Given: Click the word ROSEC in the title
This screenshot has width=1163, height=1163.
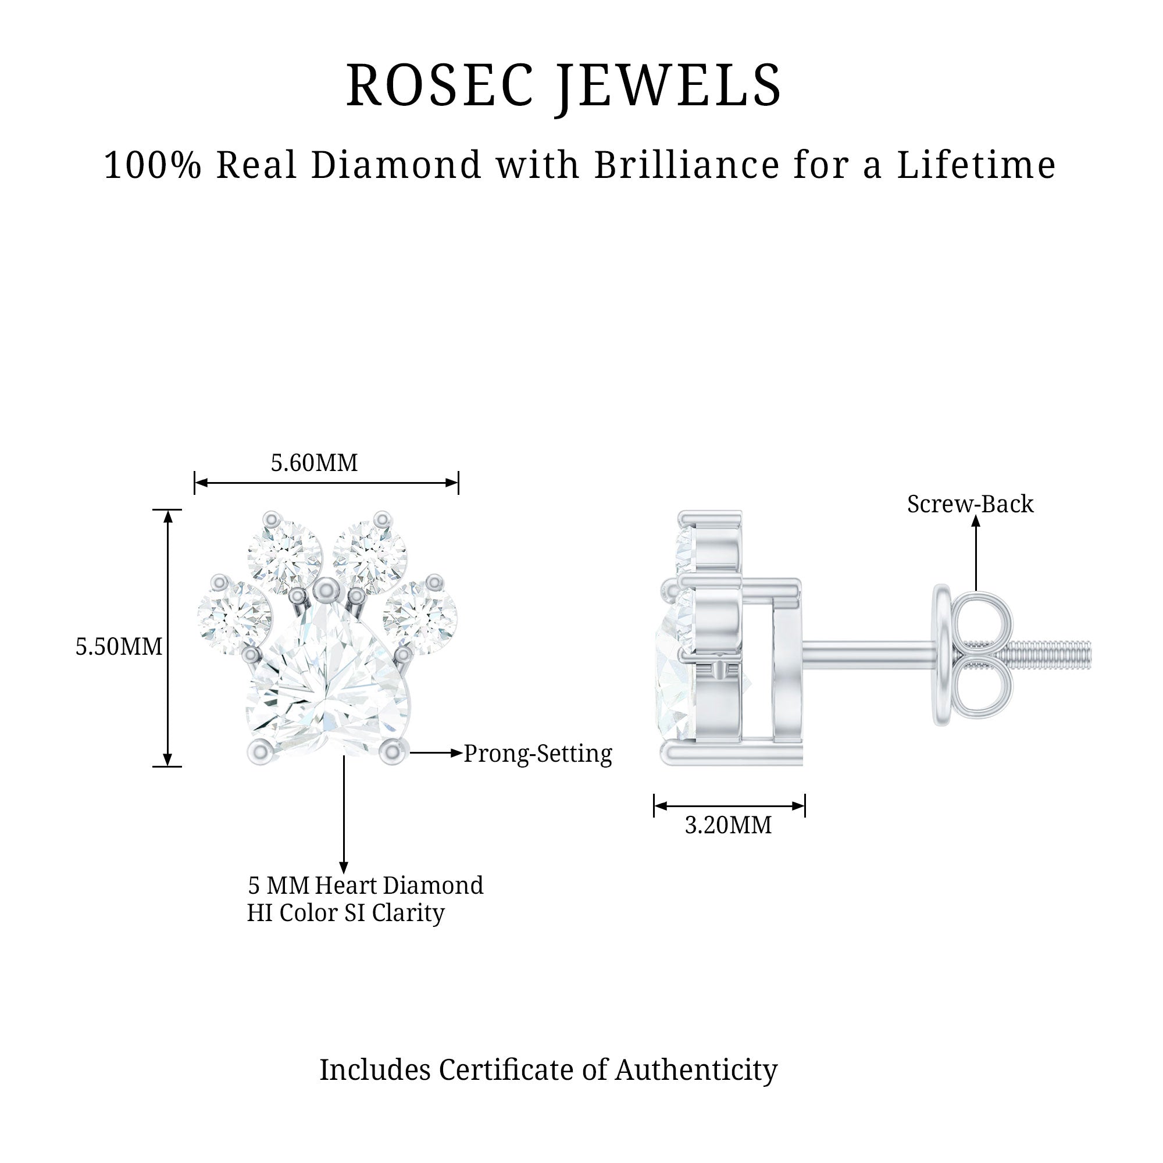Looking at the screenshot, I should pyautogui.click(x=440, y=85).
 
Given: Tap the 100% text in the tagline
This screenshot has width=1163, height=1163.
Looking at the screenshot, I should pyautogui.click(x=152, y=165).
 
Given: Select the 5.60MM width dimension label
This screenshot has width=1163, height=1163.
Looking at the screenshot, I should pyautogui.click(x=314, y=463).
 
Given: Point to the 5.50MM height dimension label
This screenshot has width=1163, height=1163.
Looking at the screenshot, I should pyautogui.click(x=119, y=647).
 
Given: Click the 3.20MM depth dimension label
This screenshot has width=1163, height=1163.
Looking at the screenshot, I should pyautogui.click(x=729, y=825).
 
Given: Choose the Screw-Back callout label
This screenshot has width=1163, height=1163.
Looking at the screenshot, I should pyautogui.click(x=971, y=504).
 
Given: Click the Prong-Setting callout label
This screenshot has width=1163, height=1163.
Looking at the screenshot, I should pyautogui.click(x=537, y=754).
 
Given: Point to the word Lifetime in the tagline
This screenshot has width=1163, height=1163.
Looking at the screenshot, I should pyautogui.click(x=976, y=165).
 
